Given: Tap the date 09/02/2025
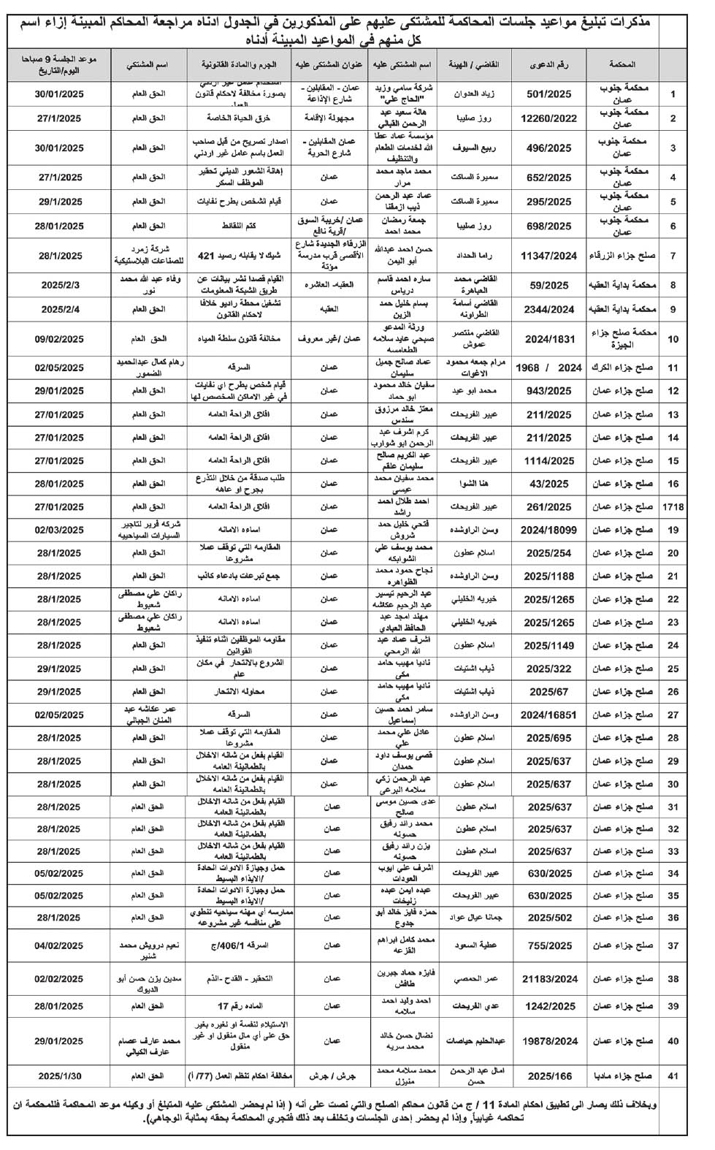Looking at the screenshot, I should pos(60,338).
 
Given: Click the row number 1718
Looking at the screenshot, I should pos(673,506).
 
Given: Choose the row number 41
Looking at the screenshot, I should pos(673,1075).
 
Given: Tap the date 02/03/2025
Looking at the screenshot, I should pos(60,530).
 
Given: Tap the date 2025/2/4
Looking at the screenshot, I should pos(60,309).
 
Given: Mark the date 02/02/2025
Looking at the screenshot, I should pos(60,979).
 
